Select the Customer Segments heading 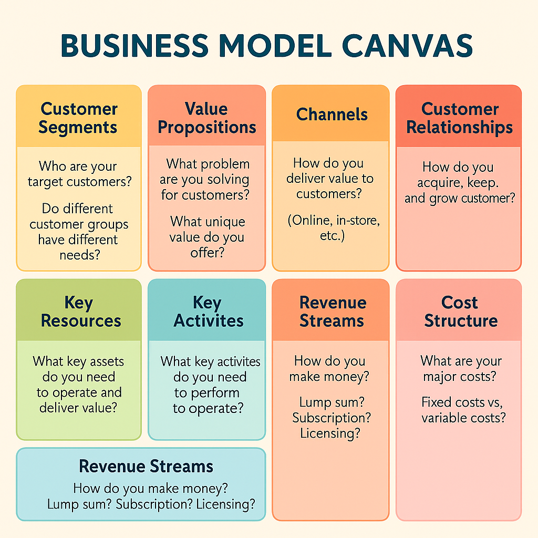(x=78, y=118)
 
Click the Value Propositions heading (x=207, y=118)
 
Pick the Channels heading (x=332, y=115)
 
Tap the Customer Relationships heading (x=460, y=118)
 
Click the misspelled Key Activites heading (x=208, y=312)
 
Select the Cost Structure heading (x=460, y=312)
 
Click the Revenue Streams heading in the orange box (x=332, y=312)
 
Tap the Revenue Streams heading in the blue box (x=146, y=466)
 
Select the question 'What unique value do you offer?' (x=207, y=237)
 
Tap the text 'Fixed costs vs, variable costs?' (x=463, y=410)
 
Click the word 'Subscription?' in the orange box (x=332, y=418)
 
